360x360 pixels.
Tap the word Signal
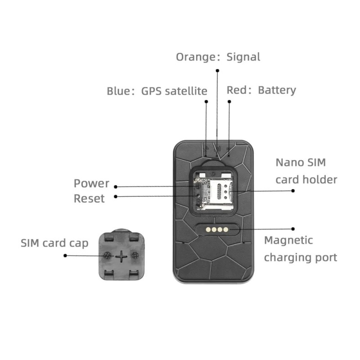243,57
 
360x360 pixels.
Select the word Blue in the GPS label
118,91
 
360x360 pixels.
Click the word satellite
185,91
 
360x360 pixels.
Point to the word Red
237,90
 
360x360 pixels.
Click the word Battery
277,90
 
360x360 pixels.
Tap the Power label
91,184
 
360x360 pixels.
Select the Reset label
89,198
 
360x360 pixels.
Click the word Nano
290,162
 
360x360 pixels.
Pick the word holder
319,180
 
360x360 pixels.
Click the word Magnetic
288,240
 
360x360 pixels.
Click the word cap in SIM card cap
78,243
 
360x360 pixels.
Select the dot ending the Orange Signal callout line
217,71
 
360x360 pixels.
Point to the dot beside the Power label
116,186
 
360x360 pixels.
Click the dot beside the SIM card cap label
65,256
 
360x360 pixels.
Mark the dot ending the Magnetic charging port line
293,229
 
